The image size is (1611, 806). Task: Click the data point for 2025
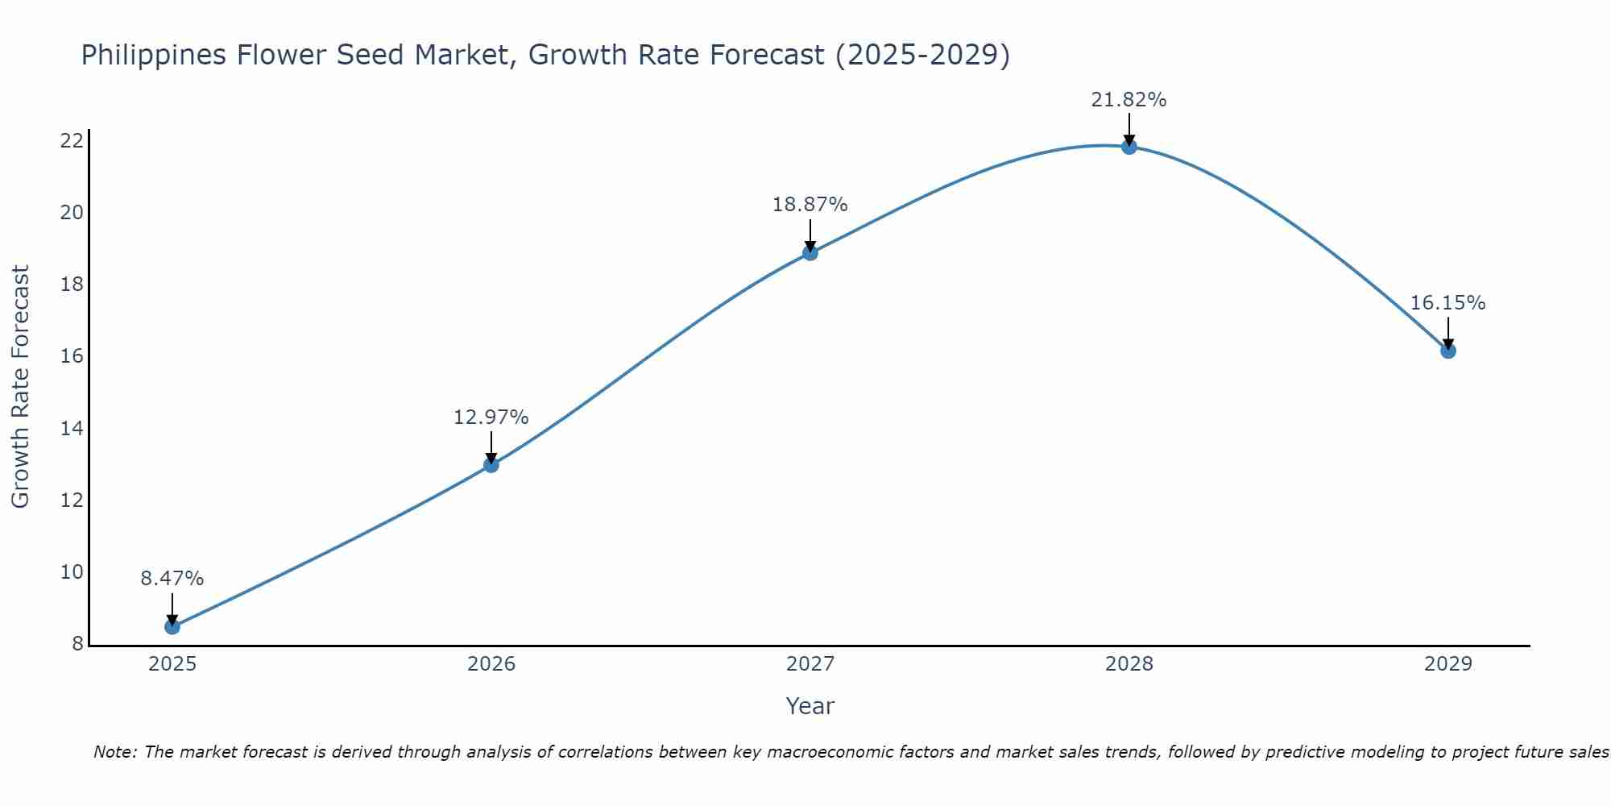click(172, 626)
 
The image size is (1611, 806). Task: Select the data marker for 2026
click(491, 464)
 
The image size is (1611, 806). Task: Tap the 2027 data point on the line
click(810, 252)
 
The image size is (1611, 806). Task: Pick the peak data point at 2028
click(1129, 146)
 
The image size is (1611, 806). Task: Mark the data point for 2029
click(1448, 351)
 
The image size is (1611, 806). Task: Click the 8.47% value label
click(172, 579)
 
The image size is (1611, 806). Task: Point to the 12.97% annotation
click(491, 418)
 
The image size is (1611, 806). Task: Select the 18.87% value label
click(810, 205)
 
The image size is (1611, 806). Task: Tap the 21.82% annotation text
click(1129, 100)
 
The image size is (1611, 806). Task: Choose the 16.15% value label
click(1448, 303)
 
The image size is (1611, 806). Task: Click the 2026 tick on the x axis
click(491, 664)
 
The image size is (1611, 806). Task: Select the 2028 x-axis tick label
click(1129, 664)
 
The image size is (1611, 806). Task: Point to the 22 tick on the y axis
click(72, 141)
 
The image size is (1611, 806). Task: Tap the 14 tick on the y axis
click(72, 429)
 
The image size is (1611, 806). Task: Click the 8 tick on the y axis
click(77, 644)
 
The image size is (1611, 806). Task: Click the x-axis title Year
click(810, 706)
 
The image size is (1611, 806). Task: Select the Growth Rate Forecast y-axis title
click(20, 387)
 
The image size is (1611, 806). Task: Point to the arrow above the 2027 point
click(810, 235)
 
